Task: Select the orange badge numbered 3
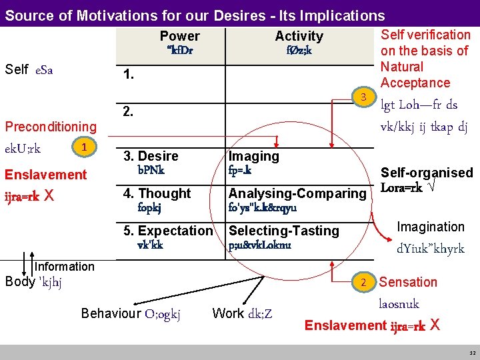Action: tap(364, 98)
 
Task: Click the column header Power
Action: tap(179, 36)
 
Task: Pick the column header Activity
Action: tap(299, 36)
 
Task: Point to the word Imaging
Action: tap(254, 156)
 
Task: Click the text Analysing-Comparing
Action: tap(297, 193)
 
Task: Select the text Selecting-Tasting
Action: tap(284, 231)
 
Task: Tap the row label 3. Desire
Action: tap(151, 156)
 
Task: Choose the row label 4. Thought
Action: tap(157, 193)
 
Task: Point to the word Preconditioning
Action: tap(51, 126)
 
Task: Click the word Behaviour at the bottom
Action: tap(111, 313)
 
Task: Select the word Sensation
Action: tap(408, 282)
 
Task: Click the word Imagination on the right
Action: tap(431, 227)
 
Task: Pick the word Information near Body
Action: tap(64, 267)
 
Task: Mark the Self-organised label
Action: tap(427, 173)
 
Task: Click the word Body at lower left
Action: tap(19, 281)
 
